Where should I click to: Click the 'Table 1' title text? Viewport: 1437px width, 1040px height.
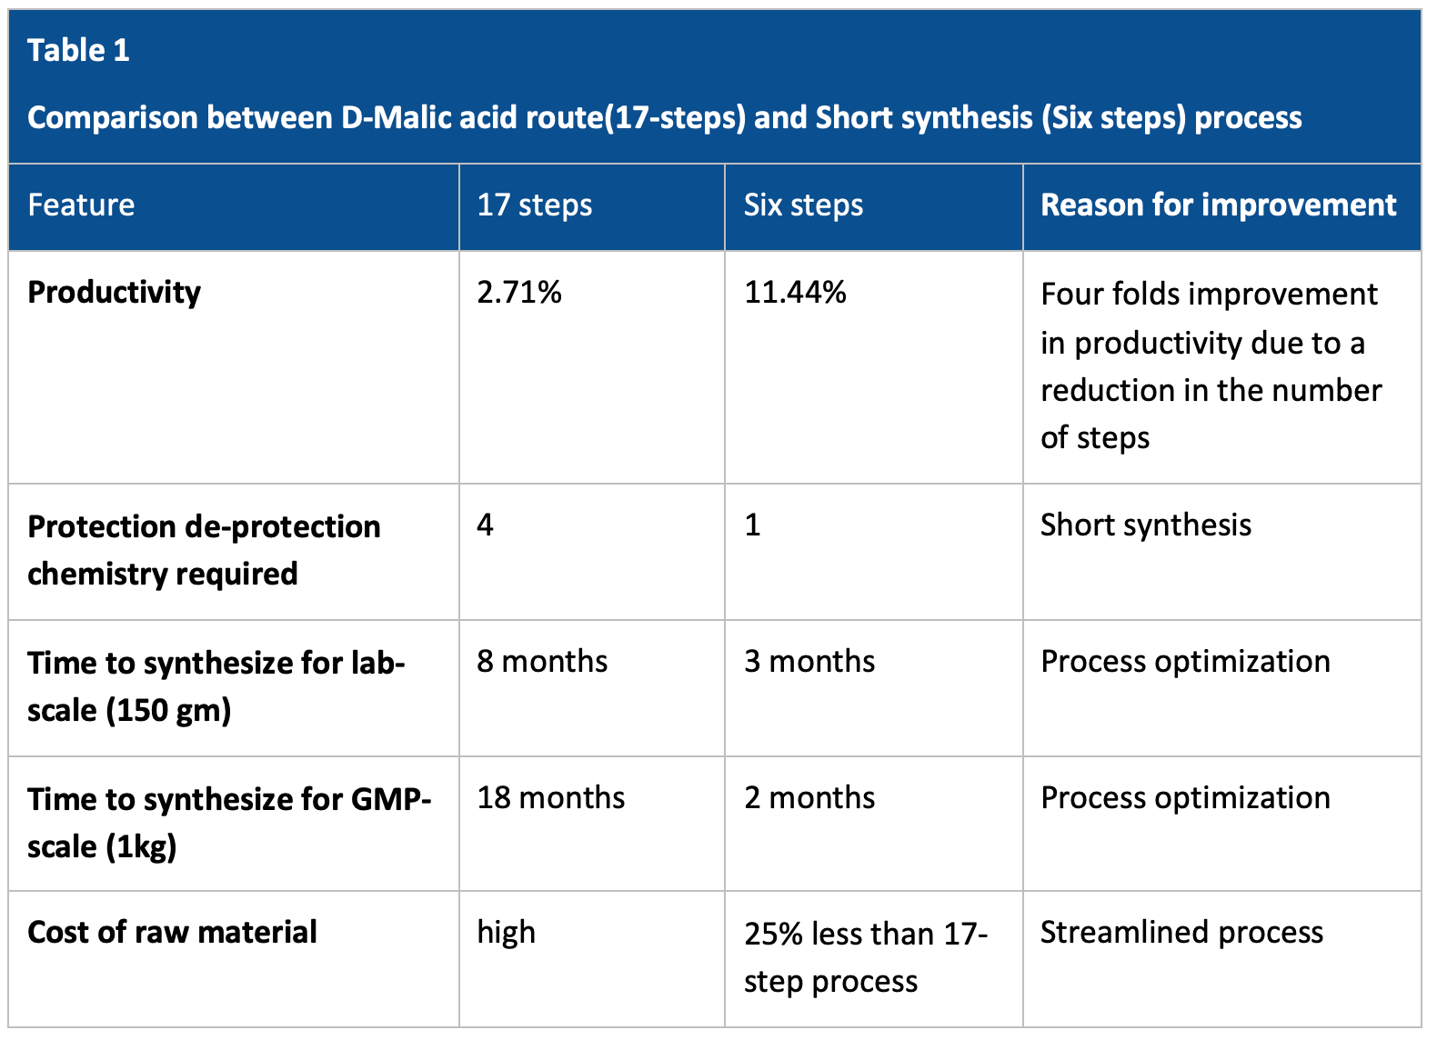click(78, 50)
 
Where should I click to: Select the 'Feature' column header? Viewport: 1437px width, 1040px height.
click(81, 205)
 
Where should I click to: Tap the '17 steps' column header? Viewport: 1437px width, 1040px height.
click(535, 205)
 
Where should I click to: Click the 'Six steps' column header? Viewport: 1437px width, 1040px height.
click(803, 205)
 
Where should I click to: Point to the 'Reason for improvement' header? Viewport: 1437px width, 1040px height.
click(1218, 205)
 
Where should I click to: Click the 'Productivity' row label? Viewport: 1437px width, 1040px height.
click(115, 293)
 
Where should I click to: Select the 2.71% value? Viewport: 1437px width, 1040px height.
click(519, 293)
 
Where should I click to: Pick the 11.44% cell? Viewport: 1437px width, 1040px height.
click(795, 293)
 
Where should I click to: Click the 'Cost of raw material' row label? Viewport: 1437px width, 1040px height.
click(172, 932)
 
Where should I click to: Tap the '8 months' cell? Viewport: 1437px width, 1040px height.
click(542, 661)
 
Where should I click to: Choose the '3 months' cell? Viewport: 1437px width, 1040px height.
click(809, 661)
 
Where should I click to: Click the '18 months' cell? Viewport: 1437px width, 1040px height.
click(550, 797)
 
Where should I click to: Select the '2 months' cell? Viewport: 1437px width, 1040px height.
click(809, 797)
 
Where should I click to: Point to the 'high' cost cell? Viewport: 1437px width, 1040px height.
click(507, 933)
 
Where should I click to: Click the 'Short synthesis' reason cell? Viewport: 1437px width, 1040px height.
click(1146, 525)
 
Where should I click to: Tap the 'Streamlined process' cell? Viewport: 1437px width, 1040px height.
click(1181, 933)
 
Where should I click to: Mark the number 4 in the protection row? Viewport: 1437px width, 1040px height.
click(485, 525)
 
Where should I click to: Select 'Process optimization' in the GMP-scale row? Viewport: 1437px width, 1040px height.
click(1186, 799)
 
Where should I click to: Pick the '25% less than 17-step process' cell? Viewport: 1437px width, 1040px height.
click(866, 957)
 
